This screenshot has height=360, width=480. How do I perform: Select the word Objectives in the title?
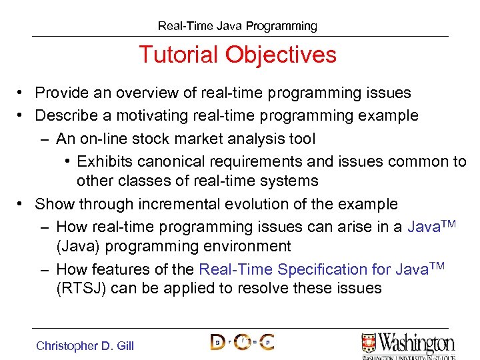pos(281,55)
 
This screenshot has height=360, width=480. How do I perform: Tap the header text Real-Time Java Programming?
pos(237,26)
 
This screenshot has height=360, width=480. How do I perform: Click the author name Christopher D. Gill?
pos(85,345)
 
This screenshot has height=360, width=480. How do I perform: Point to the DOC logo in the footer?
pos(242,342)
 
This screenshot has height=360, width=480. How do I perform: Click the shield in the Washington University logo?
pos(369,343)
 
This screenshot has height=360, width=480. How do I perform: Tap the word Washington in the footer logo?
pos(417,343)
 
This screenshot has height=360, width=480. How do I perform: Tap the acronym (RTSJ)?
pos(80,288)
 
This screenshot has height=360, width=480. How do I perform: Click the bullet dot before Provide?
pos(22,93)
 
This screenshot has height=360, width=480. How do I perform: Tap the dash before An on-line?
pos(43,139)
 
